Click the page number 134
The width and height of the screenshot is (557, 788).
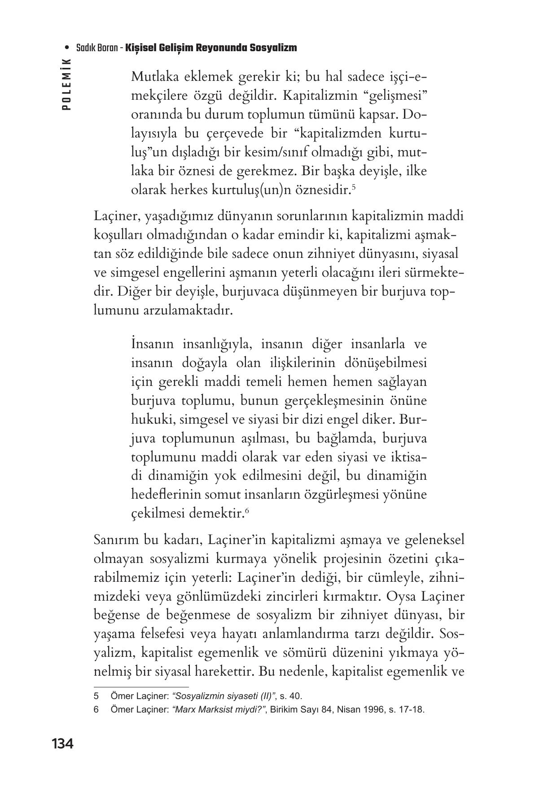[x=62, y=744]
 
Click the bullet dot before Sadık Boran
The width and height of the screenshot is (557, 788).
[x=67, y=48]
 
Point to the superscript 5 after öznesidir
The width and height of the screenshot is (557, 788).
[x=354, y=186]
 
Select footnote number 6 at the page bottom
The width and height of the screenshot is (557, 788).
[x=96, y=710]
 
